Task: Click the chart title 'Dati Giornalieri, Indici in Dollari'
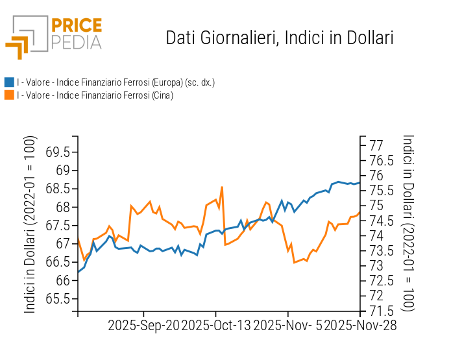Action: [280, 38]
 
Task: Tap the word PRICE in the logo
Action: [77, 26]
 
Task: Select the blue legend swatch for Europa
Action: [9, 82]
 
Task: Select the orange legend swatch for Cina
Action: [9, 95]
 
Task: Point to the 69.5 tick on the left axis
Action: [58, 152]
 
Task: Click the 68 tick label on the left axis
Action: [63, 208]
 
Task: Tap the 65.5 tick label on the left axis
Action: [58, 299]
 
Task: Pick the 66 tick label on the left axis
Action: [63, 281]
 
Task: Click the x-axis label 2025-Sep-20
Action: [143, 325]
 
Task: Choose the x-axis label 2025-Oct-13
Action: [216, 325]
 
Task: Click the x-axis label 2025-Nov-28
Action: [360, 325]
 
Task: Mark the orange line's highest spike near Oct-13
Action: [222, 187]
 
